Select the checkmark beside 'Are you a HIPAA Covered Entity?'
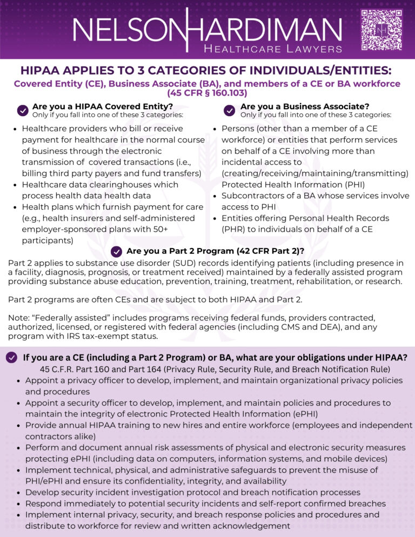pos(23,110)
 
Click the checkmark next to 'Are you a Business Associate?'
pos(230,110)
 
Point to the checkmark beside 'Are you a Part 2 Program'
pos(116,251)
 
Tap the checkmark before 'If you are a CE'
pos(11,358)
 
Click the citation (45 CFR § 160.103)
pos(207,93)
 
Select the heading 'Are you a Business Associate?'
pos(305,106)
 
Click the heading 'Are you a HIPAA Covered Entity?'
pos(103,106)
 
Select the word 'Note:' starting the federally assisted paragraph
pos(19,318)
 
